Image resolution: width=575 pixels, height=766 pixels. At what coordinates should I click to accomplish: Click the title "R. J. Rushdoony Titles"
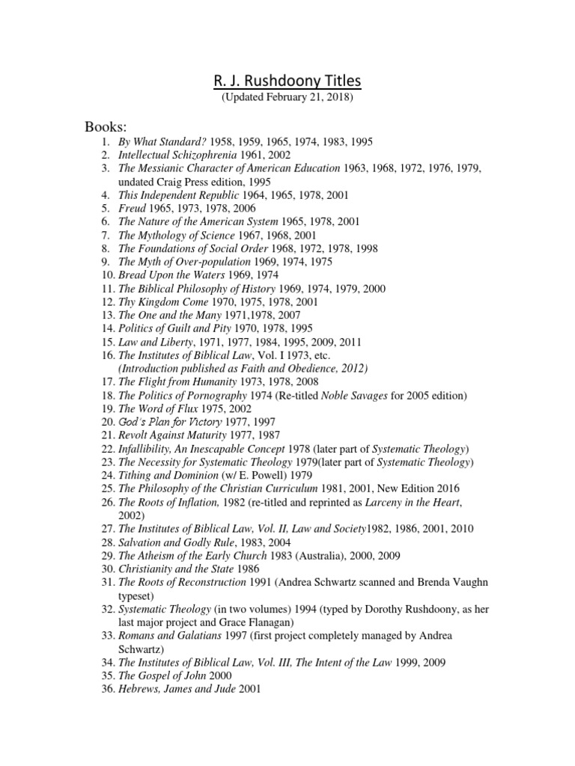coord(287,80)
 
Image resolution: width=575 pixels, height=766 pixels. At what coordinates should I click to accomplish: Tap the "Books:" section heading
coord(107,125)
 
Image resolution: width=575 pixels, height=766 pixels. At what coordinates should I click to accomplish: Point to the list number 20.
coord(105,423)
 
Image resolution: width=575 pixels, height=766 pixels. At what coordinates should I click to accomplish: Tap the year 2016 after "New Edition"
coord(476,490)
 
